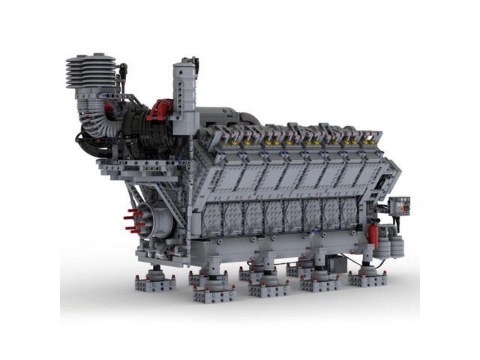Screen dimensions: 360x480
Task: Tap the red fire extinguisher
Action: pos(373,235)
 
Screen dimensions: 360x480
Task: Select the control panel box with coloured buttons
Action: pos(401,205)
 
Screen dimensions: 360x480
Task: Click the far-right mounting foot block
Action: pos(367,278)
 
